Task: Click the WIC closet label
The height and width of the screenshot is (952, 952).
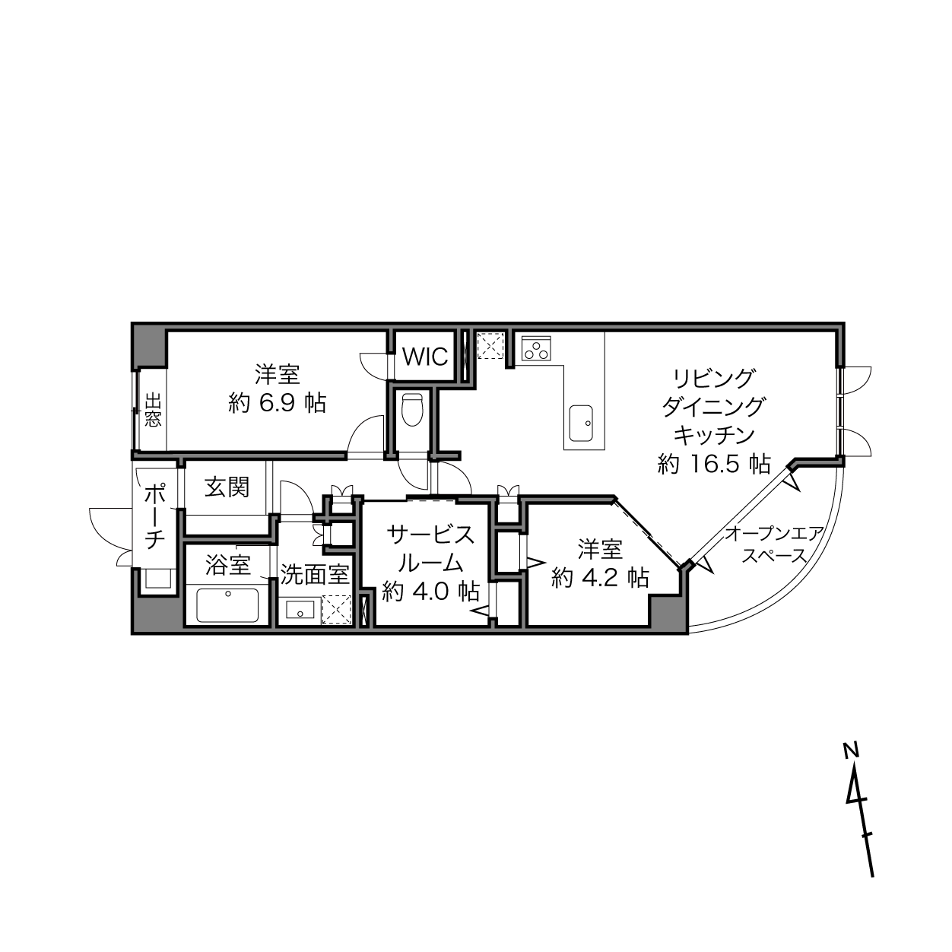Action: point(425,356)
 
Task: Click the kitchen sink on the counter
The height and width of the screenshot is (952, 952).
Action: point(581,424)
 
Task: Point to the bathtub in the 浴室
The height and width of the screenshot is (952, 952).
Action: point(228,605)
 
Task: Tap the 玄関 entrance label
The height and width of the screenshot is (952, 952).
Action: point(227,487)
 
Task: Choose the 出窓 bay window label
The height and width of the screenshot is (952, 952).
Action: point(153,409)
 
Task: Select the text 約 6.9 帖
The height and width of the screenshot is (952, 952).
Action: point(277,403)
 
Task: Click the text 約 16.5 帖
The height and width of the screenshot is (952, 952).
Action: point(714,465)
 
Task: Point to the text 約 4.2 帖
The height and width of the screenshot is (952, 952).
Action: point(600,576)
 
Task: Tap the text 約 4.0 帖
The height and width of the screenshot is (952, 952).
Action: point(431,591)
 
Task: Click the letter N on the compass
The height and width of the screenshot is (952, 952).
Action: point(851,765)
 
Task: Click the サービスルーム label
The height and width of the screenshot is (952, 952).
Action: point(431,549)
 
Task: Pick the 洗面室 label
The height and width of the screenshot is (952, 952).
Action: point(316,575)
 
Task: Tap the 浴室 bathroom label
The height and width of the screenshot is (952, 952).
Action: point(228,565)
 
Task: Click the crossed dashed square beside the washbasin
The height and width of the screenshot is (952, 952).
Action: point(336,610)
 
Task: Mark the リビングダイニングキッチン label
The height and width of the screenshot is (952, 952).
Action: point(713,407)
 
